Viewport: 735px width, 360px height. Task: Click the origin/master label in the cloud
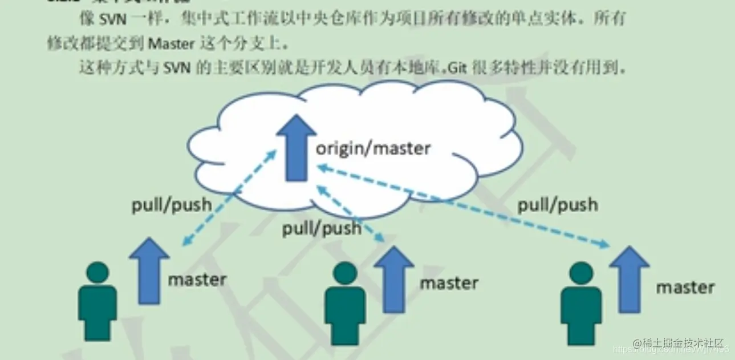pos(373,149)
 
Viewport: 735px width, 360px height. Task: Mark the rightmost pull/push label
pos(558,205)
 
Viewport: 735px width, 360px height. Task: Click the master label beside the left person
pos(197,280)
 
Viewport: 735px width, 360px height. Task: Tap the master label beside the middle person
pos(449,282)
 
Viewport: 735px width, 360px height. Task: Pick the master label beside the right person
pos(685,287)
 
